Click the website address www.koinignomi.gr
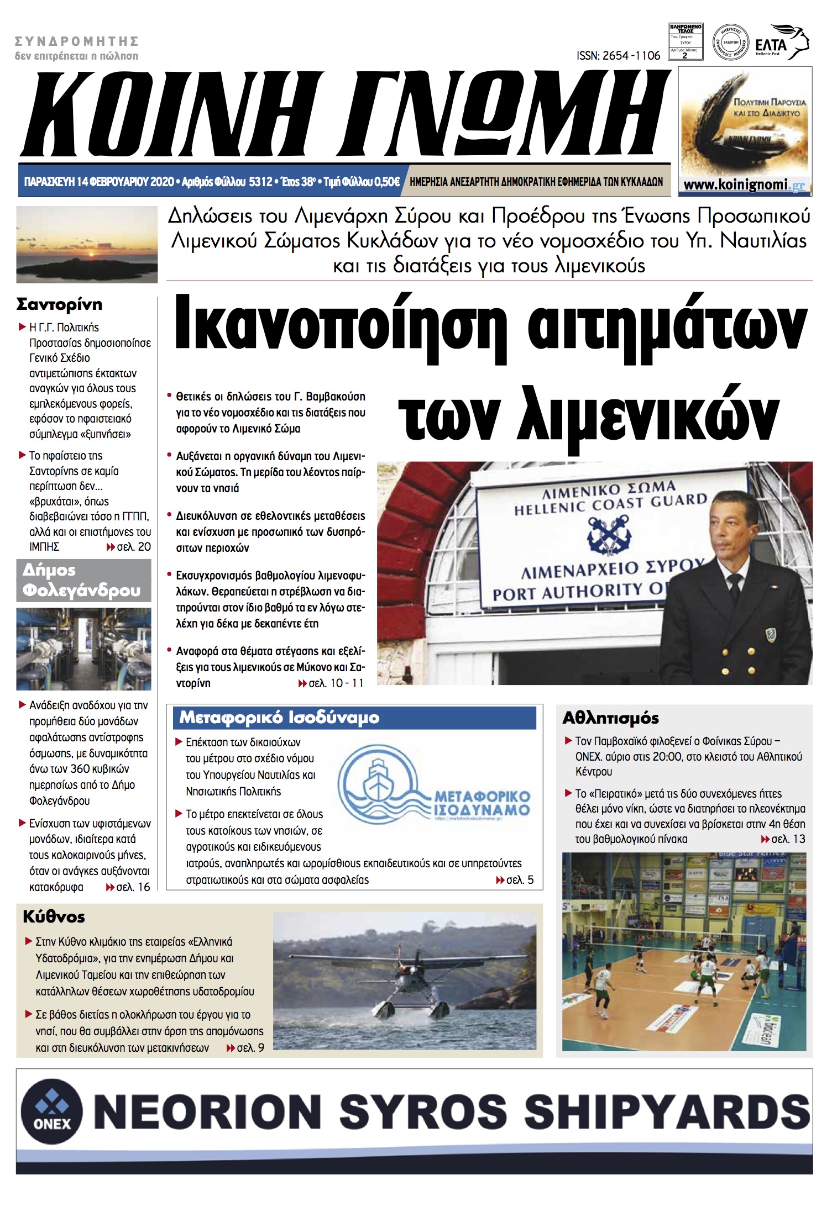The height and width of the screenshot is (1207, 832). (x=744, y=185)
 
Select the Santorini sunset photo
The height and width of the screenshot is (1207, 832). (x=87, y=244)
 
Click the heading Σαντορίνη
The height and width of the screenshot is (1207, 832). (x=60, y=304)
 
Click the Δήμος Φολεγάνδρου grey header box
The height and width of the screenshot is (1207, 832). (x=83, y=580)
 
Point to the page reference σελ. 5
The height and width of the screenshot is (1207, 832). (x=515, y=880)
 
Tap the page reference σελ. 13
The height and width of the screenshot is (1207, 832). (x=783, y=839)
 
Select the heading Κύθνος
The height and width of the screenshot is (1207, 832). (x=54, y=917)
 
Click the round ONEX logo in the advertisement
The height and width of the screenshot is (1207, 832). (x=51, y=1111)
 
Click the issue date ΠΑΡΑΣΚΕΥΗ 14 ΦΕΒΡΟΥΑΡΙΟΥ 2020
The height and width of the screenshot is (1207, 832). (x=99, y=182)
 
